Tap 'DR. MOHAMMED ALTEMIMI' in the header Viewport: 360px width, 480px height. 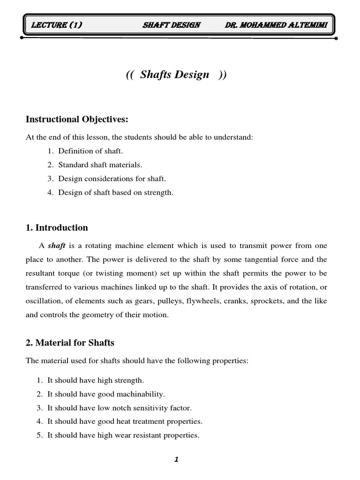click(279, 25)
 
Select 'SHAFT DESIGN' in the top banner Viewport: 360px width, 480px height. click(171, 25)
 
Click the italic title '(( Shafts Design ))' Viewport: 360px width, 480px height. click(176, 75)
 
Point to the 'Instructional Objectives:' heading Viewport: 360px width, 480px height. click(77, 120)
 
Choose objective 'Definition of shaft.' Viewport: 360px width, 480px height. click(90, 151)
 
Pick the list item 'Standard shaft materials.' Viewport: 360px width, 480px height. click(100, 165)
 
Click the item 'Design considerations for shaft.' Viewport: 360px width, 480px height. click(112, 179)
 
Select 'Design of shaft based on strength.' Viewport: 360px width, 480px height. click(116, 193)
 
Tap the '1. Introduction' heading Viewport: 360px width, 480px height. click(57, 228)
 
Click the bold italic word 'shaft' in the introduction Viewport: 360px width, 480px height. click(56, 246)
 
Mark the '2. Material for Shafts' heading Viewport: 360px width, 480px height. click(70, 343)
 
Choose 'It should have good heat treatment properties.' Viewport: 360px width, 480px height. click(125, 421)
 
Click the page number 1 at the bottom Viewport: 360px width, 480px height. click(176, 460)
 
